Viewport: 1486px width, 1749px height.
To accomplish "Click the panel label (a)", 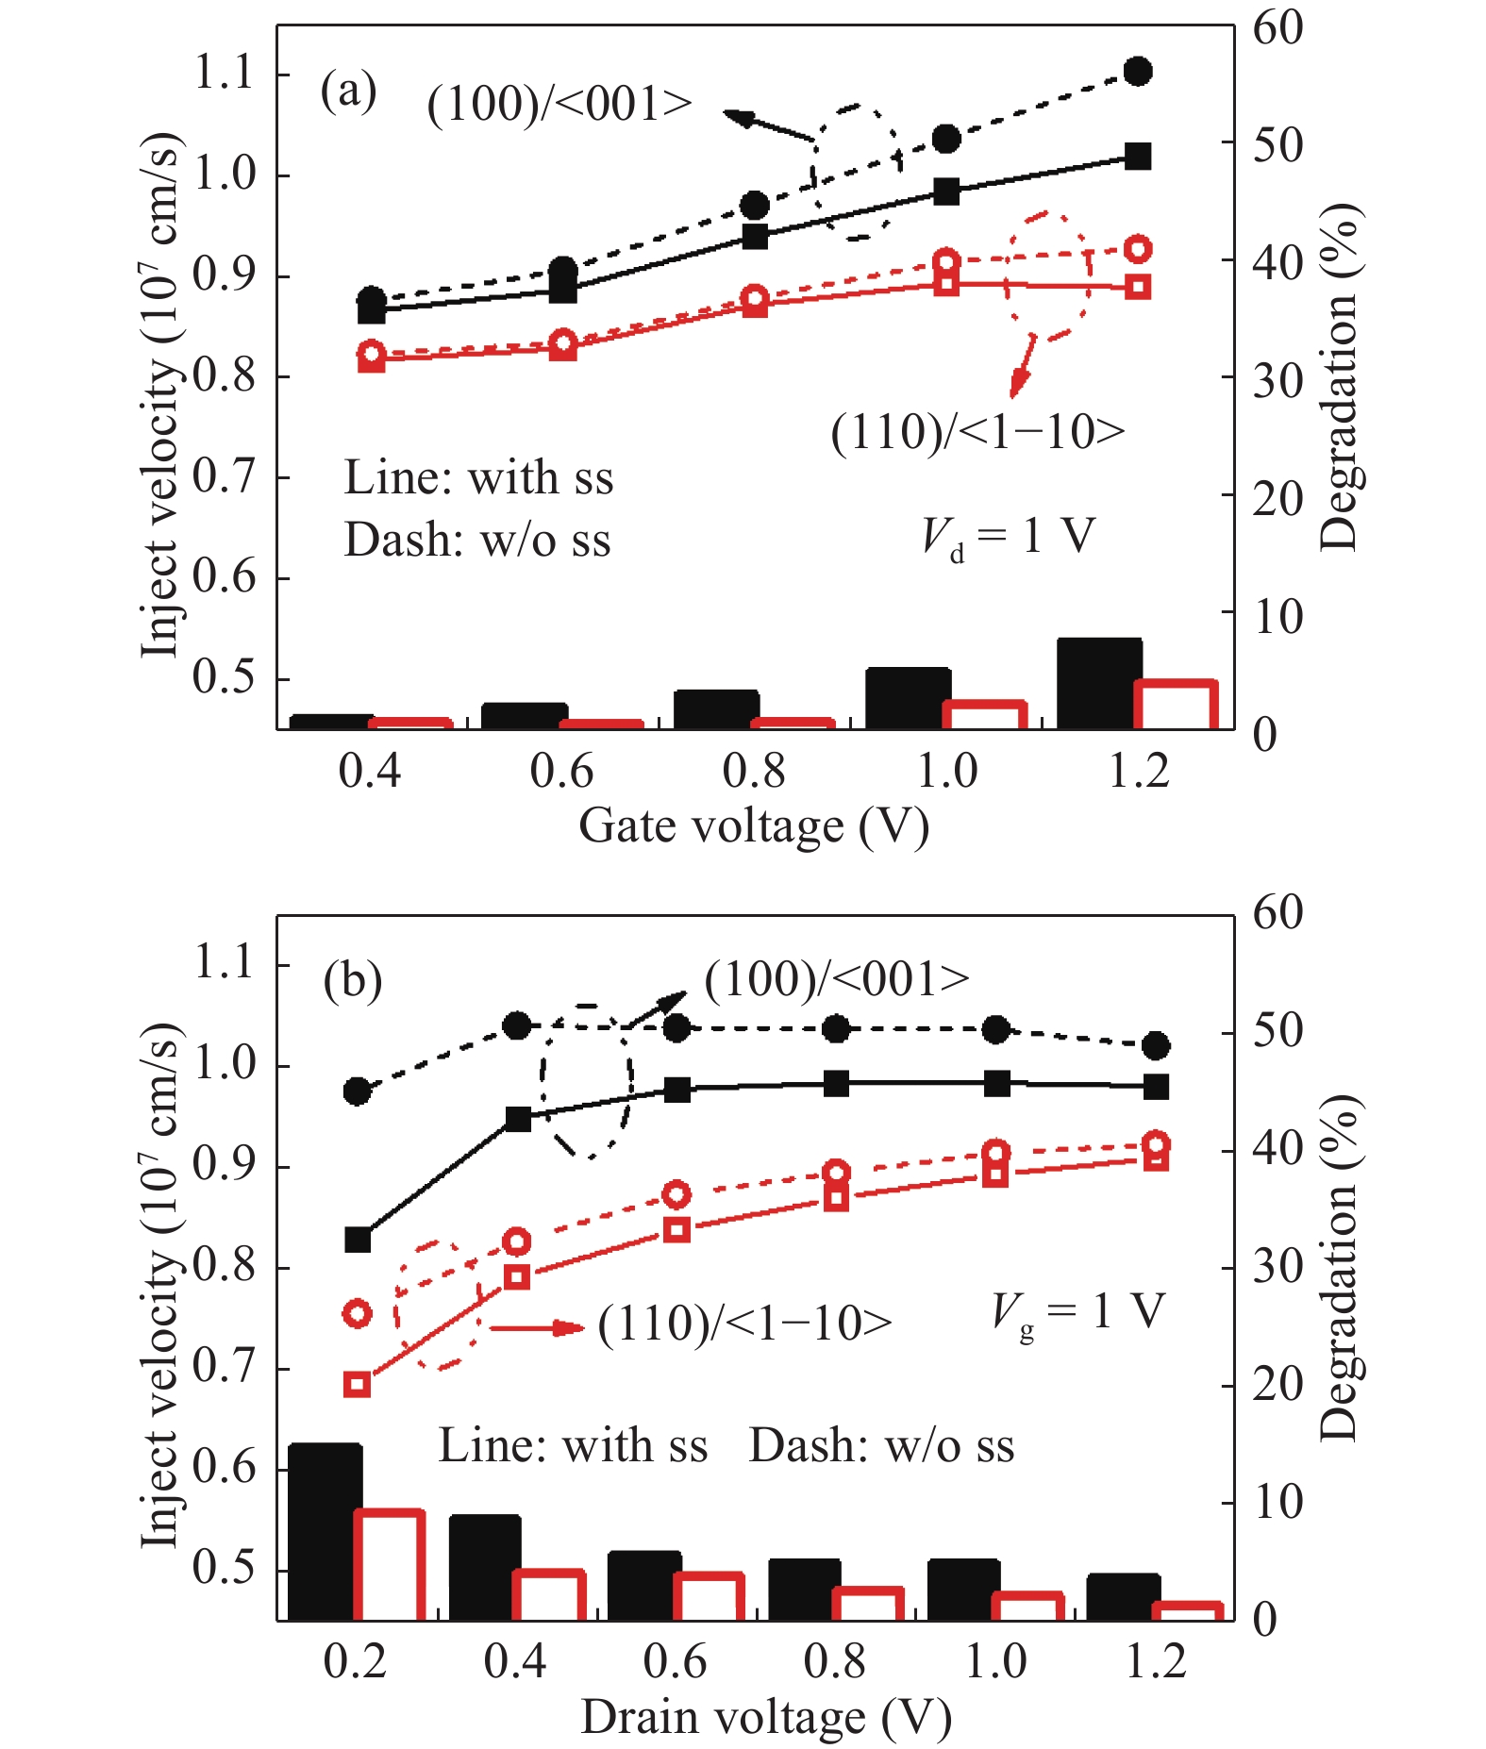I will [348, 92].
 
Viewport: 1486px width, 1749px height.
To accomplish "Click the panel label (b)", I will [352, 981].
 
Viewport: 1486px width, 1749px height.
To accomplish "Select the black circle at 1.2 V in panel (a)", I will [1138, 71].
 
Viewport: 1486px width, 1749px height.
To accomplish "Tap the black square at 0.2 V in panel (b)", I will [358, 1240].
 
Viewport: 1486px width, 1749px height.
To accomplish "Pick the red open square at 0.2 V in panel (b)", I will [358, 1385].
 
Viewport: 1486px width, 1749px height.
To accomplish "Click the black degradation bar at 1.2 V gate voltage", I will [1099, 683].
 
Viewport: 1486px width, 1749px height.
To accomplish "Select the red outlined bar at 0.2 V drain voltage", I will [390, 1566].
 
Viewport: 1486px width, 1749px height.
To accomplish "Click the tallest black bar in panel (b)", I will [324, 1532].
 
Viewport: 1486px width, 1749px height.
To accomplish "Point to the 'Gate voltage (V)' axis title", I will [754, 826].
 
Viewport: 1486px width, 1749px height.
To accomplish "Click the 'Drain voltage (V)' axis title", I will [766, 1717].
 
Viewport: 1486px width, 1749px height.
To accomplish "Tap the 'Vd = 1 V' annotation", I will [1008, 538].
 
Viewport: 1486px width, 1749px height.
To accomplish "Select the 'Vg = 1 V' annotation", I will [1078, 1312].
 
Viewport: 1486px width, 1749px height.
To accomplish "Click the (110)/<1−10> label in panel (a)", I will [977, 432].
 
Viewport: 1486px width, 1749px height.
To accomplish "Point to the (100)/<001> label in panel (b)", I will [837, 979].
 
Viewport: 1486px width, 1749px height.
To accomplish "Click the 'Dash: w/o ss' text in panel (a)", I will [477, 541].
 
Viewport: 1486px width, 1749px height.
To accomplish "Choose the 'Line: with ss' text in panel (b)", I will [573, 1445].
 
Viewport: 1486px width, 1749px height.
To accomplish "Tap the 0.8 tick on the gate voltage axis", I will [754, 772].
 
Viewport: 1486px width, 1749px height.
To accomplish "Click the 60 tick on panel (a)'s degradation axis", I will [1277, 28].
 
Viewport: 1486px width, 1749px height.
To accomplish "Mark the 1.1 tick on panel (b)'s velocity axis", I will [225, 962].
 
